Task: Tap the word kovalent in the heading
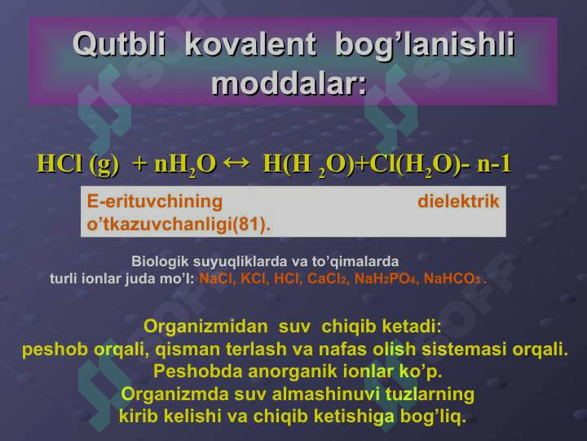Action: [x=250, y=45]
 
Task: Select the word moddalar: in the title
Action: [x=289, y=83]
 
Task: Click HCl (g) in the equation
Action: [x=78, y=164]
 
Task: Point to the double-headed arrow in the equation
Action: [x=236, y=163]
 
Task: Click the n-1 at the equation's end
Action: [x=494, y=164]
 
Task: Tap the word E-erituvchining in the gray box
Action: [x=155, y=202]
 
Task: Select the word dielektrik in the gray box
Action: [x=458, y=202]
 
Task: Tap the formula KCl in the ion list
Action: [x=254, y=278]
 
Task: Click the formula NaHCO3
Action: [x=452, y=278]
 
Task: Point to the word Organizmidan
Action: [x=205, y=326]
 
